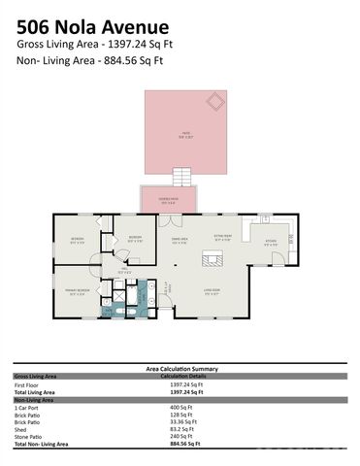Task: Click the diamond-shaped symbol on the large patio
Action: tap(213, 101)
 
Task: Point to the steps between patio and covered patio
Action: tap(181, 177)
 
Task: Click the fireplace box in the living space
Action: tap(209, 257)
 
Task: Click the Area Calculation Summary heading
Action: tap(180, 369)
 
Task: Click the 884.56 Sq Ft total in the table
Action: tap(183, 444)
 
